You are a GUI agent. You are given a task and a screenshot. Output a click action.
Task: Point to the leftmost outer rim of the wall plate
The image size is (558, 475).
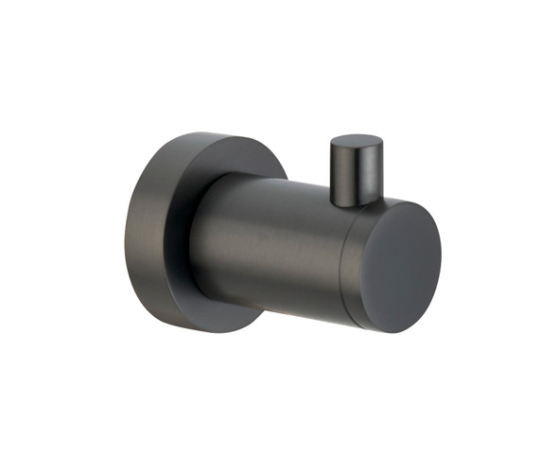[125, 232]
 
